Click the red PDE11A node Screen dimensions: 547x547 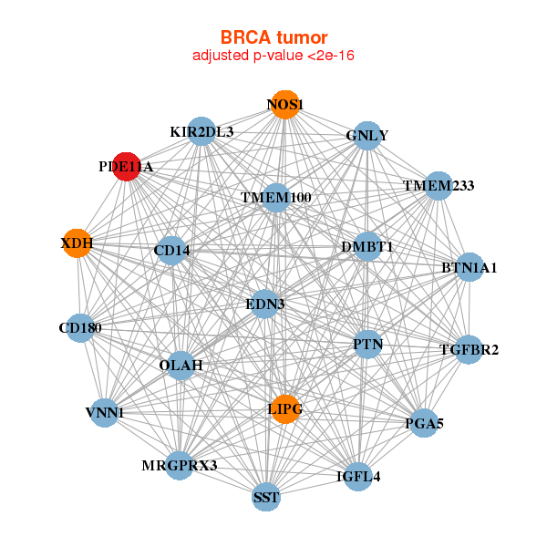coord(128,167)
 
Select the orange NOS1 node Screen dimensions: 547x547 coord(284,105)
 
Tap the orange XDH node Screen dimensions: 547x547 coord(77,243)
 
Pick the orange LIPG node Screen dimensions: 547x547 coord(285,409)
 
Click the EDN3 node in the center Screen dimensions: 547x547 coord(264,304)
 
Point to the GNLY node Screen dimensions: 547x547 coord(366,136)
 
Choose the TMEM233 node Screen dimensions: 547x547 coord(439,186)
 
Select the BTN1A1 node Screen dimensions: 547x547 coord(469,267)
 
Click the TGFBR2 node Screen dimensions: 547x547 coord(469,349)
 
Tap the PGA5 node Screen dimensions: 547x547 coord(423,423)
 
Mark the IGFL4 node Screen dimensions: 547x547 coord(358,475)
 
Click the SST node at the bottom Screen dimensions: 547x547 coord(266,497)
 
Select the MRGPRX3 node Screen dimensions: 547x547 coord(180,466)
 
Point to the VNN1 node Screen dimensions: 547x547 coord(104,412)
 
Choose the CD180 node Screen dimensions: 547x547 coord(79,327)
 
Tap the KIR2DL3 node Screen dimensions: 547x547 coord(201,132)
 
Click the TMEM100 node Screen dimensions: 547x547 coord(276,197)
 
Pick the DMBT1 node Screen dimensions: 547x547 coord(366,246)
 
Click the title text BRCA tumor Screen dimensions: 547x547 coord(273,37)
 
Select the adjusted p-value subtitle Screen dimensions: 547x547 coord(273,56)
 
